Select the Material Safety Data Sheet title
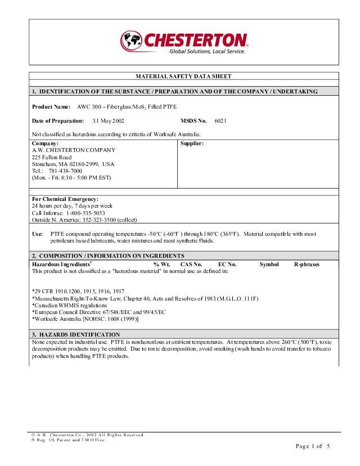183,76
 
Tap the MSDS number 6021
220,120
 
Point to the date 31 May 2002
109,120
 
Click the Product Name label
51,106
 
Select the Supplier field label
192,144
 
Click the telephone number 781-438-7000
65,171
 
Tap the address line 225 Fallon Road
52,157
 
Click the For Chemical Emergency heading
65,199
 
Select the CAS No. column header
191,264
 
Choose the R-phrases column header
307,264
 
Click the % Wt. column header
161,264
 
